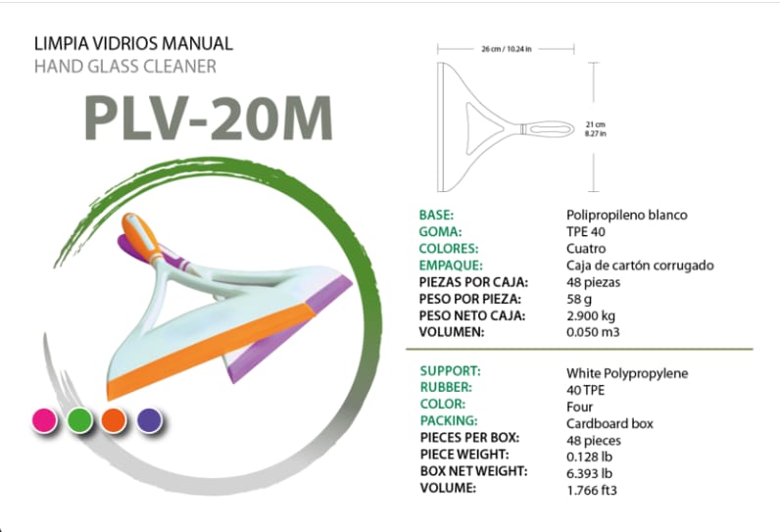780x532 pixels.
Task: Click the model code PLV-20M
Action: (x=208, y=118)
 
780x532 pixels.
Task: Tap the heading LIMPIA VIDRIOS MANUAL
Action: (x=133, y=44)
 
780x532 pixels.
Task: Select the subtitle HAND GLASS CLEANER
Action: (x=124, y=67)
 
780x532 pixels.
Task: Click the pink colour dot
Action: (x=44, y=420)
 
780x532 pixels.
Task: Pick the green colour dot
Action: (x=79, y=420)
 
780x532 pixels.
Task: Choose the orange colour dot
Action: (x=114, y=420)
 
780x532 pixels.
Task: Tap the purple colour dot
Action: (x=149, y=420)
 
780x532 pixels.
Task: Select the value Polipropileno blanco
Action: (x=627, y=215)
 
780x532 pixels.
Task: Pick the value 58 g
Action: (x=581, y=298)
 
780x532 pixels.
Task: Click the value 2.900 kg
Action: (x=593, y=314)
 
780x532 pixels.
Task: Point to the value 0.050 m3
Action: (x=594, y=331)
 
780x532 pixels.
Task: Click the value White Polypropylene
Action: (x=627, y=373)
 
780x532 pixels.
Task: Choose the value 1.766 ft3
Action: (x=592, y=489)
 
